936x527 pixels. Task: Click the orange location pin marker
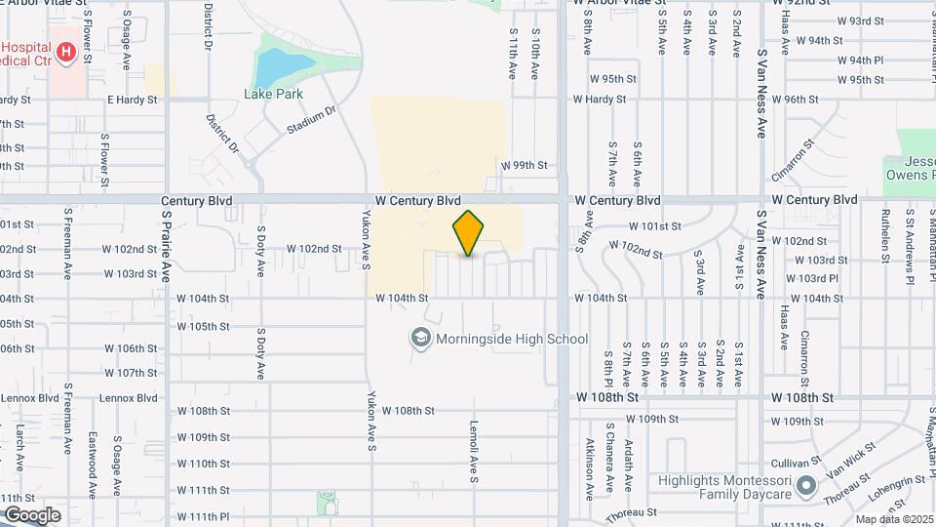click(469, 233)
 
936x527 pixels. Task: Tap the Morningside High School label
click(513, 339)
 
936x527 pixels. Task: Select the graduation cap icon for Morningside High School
click(420, 339)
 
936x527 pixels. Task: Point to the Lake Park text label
click(273, 94)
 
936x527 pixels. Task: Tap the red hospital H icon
click(65, 52)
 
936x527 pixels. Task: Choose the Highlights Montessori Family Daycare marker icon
click(806, 485)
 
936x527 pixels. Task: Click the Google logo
click(32, 514)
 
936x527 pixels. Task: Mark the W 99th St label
click(525, 166)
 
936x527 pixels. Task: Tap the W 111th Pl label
click(203, 515)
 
